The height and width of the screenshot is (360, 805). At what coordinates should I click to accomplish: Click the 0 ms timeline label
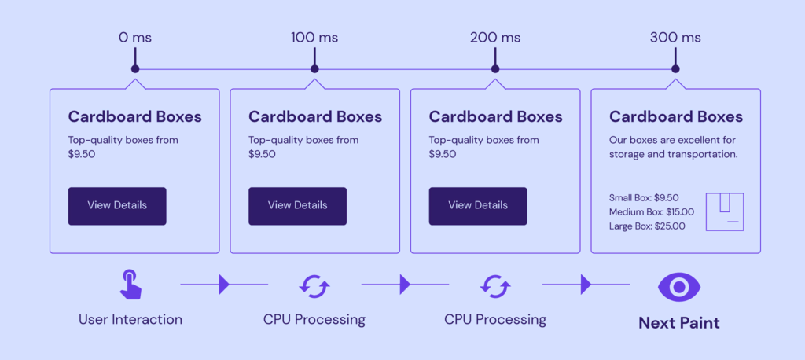pos(134,37)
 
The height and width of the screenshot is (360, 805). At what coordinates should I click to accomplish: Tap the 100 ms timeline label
pos(314,37)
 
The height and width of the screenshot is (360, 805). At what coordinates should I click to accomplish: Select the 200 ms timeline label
pos(495,37)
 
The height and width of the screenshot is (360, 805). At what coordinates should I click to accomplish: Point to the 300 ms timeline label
pos(675,37)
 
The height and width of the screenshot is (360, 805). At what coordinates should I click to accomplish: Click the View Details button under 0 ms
pos(117,206)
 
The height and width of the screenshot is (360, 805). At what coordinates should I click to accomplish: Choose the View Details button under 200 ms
pos(478,206)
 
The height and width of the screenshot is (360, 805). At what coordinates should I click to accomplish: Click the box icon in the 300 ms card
pos(725,211)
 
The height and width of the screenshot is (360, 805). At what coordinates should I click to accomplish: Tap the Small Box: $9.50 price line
pos(644,198)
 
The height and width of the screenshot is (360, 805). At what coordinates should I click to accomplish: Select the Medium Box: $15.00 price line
pos(652,212)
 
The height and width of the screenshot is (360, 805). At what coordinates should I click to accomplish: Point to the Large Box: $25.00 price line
pos(647,226)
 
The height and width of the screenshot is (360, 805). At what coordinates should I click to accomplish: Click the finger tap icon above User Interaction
pos(130,284)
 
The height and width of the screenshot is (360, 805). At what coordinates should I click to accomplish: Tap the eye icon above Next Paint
pos(678,287)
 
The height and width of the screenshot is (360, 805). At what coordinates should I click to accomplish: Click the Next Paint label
pos(678,322)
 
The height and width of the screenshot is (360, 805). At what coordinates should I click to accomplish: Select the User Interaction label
pos(130,320)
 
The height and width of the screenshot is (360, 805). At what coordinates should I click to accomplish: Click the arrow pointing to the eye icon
pos(586,285)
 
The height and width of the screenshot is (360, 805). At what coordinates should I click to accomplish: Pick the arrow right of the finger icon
pos(224,285)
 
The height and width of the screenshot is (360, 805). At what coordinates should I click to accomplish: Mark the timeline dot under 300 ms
pos(675,69)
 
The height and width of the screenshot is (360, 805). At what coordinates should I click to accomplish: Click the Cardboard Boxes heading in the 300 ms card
pos(675,117)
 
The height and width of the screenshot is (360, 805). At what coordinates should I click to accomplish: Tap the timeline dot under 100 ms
pos(314,69)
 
